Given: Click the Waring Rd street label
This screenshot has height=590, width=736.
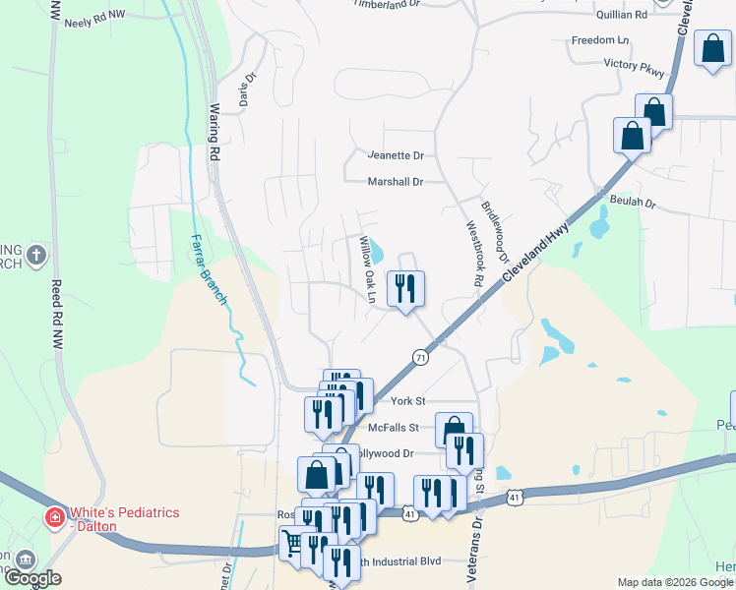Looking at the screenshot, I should (x=214, y=133).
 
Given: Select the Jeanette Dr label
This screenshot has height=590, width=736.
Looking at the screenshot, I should (x=395, y=155).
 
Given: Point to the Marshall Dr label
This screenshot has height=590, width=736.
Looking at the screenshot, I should (x=395, y=182).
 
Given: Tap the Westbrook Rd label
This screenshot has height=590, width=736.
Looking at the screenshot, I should (x=473, y=253).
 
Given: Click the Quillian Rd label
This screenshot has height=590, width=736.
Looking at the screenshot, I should (x=622, y=15).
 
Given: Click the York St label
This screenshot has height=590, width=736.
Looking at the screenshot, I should (x=407, y=401).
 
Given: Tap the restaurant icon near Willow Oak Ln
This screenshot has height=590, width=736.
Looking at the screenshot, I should (x=405, y=288).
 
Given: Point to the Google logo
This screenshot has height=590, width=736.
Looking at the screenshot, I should (x=32, y=578).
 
